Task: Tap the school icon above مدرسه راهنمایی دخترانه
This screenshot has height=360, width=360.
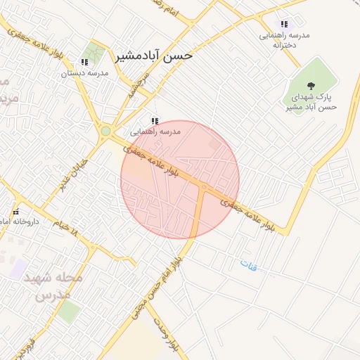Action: [x=284, y=24]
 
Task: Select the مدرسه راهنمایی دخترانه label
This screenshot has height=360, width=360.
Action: [x=285, y=39]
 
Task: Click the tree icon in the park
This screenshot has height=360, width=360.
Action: [x=311, y=85]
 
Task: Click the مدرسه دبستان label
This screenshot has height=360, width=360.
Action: [x=84, y=72]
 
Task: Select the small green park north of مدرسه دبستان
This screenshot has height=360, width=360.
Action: [x=92, y=51]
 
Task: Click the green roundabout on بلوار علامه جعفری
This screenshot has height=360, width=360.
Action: [x=105, y=131]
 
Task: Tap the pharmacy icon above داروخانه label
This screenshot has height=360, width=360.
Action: [x=15, y=212]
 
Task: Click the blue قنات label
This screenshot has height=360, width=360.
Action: [x=249, y=266]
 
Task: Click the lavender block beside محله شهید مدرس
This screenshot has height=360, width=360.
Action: [x=19, y=268]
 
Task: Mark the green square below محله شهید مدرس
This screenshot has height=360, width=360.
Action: [x=68, y=311]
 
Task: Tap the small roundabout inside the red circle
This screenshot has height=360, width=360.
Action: [x=202, y=187]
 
